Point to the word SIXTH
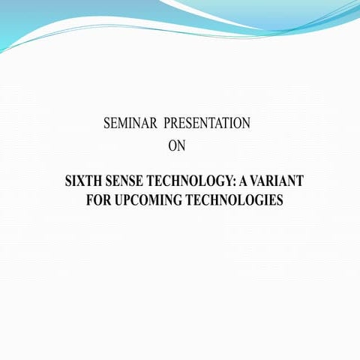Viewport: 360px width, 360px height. pyautogui.click(x=83, y=182)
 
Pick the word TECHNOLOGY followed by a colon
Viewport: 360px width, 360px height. pyautogui.click(x=192, y=182)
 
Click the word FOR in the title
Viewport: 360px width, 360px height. pyautogui.click(x=98, y=200)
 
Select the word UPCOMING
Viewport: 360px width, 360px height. pyautogui.click(x=150, y=200)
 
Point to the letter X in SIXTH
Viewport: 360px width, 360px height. pyautogui.click(x=81, y=182)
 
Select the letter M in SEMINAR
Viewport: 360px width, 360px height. pyautogui.click(x=122, y=124)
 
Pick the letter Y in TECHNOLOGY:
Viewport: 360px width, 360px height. pyautogui.click(x=229, y=182)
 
